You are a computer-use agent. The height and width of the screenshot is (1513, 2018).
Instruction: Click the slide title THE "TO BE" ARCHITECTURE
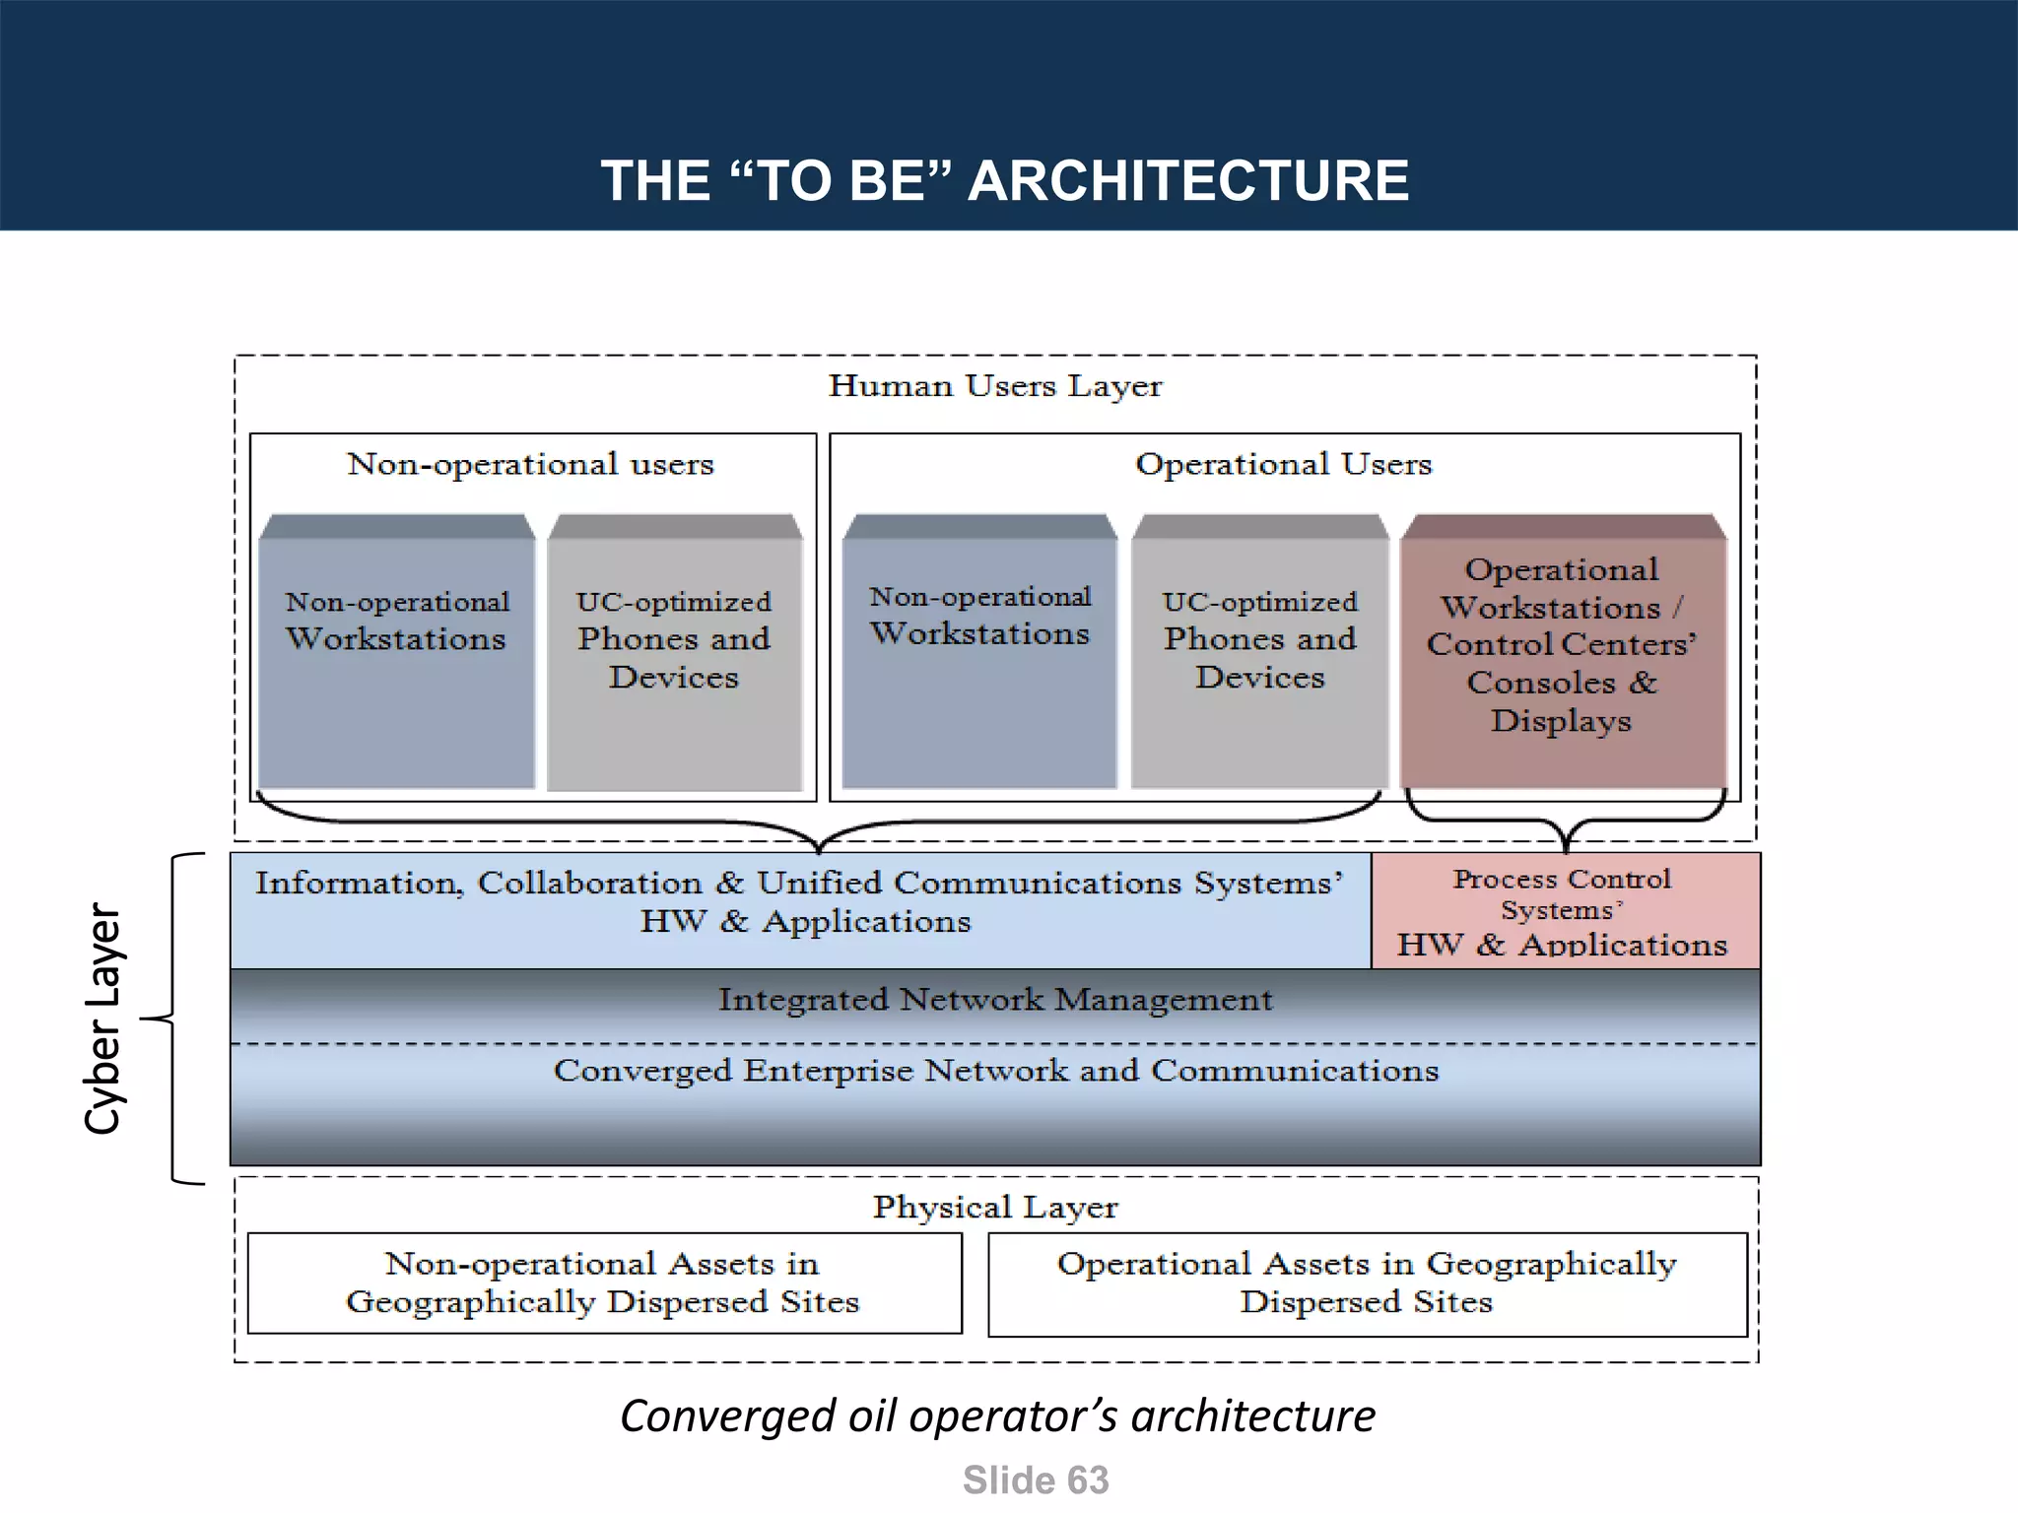pos(1005,181)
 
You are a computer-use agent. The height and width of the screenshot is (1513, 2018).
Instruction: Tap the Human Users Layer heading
pos(995,386)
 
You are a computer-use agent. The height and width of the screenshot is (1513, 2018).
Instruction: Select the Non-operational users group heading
pos(530,464)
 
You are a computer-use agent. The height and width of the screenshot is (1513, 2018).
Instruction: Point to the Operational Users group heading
pos(1283,464)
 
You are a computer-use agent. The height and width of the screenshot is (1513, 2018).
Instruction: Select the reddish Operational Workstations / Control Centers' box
pos(1563,650)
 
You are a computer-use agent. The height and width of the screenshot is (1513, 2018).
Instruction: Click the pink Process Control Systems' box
pos(1565,911)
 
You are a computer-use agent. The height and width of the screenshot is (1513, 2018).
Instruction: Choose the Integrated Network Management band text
pos(995,1001)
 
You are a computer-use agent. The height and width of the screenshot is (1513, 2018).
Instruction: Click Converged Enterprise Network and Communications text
pos(995,1072)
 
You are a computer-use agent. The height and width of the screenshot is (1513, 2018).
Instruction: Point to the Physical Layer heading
pos(995,1208)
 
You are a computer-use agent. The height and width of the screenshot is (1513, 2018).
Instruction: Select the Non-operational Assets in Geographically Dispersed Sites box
pos(603,1283)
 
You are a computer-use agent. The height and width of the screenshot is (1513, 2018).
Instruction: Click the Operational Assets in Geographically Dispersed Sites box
pos(1367,1283)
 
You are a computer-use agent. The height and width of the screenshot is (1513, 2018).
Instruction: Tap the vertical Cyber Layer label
pos(102,1019)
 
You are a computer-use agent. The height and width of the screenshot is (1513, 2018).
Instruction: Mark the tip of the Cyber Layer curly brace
pos(144,1019)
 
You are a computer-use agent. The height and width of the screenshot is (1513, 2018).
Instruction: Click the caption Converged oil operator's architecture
pos(997,1416)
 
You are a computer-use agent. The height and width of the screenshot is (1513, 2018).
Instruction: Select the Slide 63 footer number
pos(1036,1480)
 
